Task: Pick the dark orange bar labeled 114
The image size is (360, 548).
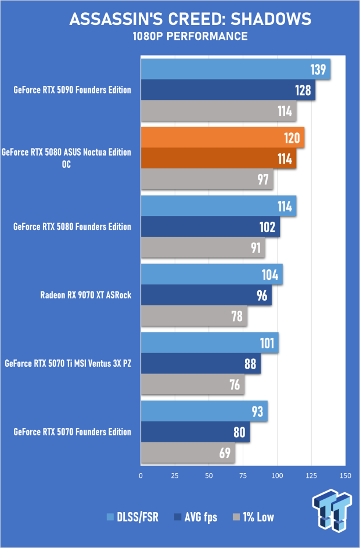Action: click(x=218, y=158)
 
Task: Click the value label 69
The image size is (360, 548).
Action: click(x=224, y=452)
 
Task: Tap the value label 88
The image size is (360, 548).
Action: click(x=250, y=364)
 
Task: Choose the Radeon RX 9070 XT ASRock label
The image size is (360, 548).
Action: click(x=86, y=295)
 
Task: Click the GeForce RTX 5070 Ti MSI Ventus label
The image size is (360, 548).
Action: click(x=68, y=364)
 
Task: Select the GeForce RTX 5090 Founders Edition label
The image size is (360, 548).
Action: click(x=72, y=90)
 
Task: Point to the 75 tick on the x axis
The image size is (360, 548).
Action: click(x=243, y=475)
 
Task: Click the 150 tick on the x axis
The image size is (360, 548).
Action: click(x=345, y=475)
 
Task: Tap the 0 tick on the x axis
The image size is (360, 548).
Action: click(x=141, y=475)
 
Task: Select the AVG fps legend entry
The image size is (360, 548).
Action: click(x=196, y=517)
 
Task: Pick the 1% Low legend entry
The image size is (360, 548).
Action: click(x=254, y=517)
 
